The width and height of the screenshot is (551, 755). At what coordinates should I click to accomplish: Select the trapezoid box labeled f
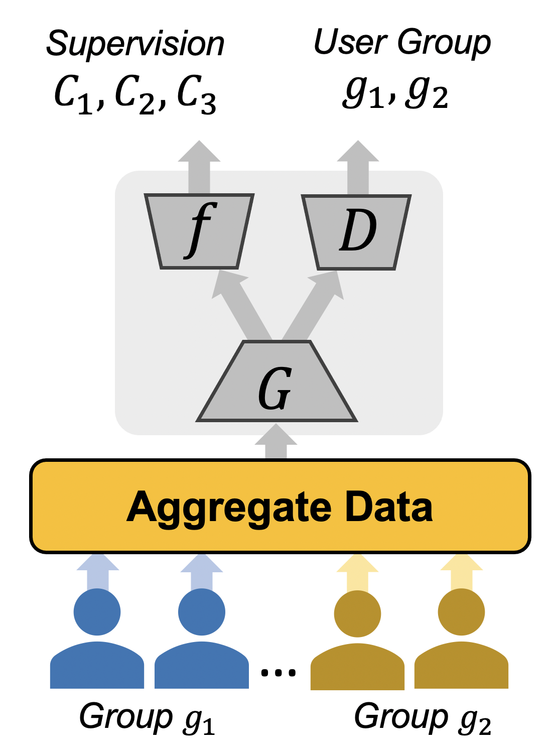[x=199, y=231]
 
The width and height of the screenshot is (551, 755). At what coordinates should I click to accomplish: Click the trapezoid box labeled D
[x=356, y=231]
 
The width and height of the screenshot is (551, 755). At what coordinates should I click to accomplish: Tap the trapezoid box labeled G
[x=277, y=384]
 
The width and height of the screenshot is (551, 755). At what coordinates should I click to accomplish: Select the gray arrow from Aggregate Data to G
[x=276, y=442]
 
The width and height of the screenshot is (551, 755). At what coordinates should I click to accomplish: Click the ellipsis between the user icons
[x=278, y=672]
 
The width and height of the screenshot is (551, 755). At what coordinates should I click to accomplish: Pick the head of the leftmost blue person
[x=97, y=612]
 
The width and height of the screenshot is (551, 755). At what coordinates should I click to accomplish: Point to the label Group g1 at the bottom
[x=147, y=718]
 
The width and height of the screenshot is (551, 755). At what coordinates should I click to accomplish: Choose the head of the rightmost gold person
[x=461, y=612]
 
